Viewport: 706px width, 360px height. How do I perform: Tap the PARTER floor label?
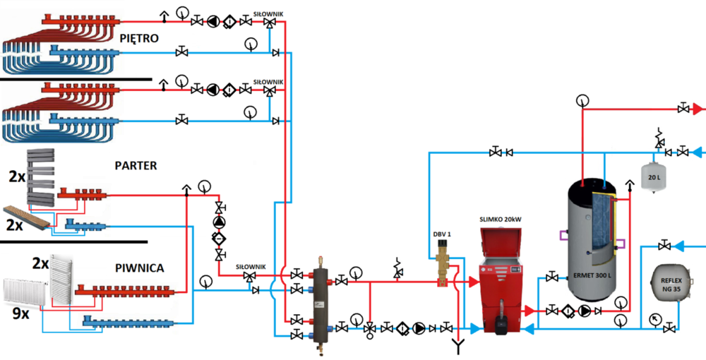pos(136,165)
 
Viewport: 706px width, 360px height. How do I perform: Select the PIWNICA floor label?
pos(140,268)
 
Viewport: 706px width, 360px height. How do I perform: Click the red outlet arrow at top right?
pos(698,109)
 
